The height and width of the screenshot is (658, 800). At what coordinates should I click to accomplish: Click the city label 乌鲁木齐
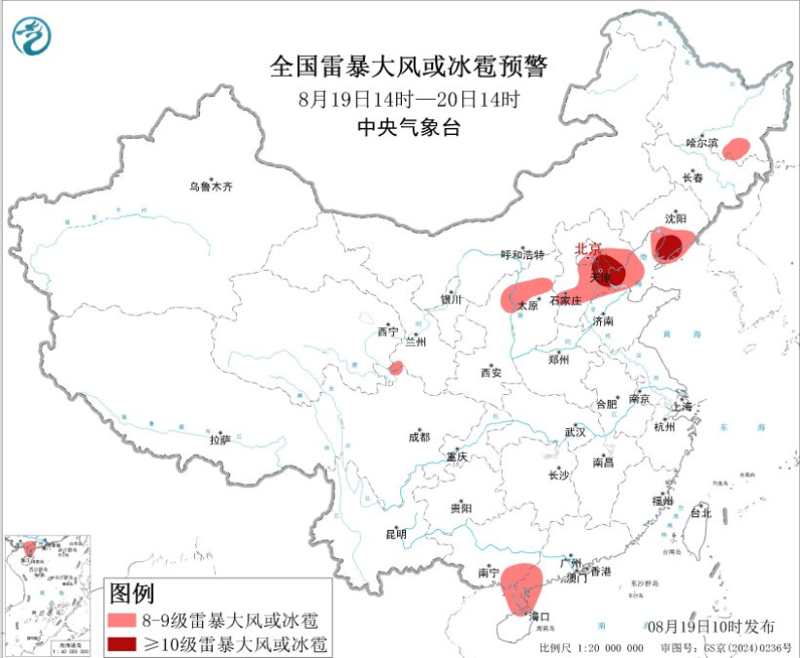coord(211,186)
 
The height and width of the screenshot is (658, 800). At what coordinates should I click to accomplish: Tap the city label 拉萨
coord(220,440)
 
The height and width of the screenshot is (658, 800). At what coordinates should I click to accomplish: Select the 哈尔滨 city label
coord(701,143)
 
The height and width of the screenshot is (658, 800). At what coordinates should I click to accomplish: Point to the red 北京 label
coord(588,248)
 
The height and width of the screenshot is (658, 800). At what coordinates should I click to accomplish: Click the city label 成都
coord(418,438)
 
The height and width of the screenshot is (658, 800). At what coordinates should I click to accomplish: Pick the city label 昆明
coord(396,534)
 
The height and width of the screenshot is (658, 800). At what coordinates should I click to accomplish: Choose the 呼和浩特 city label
coord(523,255)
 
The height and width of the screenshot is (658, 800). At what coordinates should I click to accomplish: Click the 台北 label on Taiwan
coord(700,513)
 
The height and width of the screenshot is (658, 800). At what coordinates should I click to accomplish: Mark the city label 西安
coord(489,373)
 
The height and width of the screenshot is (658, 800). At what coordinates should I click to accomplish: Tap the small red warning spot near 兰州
coord(396,368)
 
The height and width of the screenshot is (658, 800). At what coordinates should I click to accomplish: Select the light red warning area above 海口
coord(519,585)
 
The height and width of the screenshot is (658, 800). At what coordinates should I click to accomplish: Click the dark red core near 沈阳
coord(666,248)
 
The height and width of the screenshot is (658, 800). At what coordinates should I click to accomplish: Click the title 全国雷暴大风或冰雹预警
coord(409,66)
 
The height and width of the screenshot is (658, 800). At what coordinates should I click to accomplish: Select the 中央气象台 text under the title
coord(409,126)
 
